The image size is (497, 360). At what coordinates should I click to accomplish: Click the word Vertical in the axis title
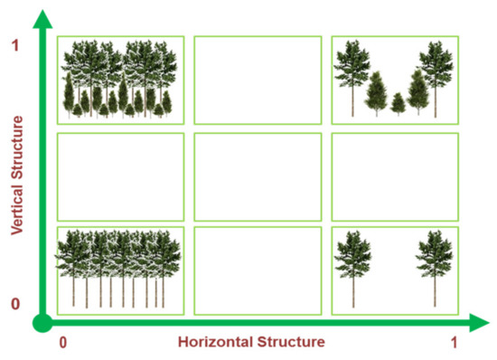[17, 209]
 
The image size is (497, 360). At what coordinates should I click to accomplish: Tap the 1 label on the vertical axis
[15, 45]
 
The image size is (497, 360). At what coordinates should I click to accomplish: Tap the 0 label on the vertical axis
[15, 304]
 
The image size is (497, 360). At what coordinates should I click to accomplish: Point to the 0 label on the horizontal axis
[63, 343]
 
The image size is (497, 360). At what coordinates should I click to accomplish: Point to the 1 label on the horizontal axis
[455, 343]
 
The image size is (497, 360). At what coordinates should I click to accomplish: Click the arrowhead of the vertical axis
[42, 19]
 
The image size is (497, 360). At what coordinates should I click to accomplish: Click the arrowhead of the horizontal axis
[479, 323]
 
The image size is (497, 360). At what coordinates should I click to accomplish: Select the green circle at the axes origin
[42, 323]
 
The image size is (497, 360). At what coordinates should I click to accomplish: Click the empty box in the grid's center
[258, 177]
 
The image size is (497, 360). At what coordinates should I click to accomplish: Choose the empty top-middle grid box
[258, 81]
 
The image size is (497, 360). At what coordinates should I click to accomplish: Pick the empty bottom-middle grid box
[258, 270]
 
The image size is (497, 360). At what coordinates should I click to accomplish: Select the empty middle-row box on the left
[120, 177]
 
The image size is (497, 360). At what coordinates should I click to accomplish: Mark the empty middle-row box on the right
[395, 177]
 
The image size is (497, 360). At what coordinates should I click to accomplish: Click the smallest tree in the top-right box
[398, 103]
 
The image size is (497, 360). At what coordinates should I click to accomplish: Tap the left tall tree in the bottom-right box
[352, 269]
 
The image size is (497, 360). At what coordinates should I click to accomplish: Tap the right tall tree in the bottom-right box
[435, 269]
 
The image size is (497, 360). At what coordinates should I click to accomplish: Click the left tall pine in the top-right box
[352, 78]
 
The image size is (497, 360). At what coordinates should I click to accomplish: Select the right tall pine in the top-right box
[436, 79]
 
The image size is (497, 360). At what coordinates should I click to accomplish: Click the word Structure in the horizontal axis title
[291, 342]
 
